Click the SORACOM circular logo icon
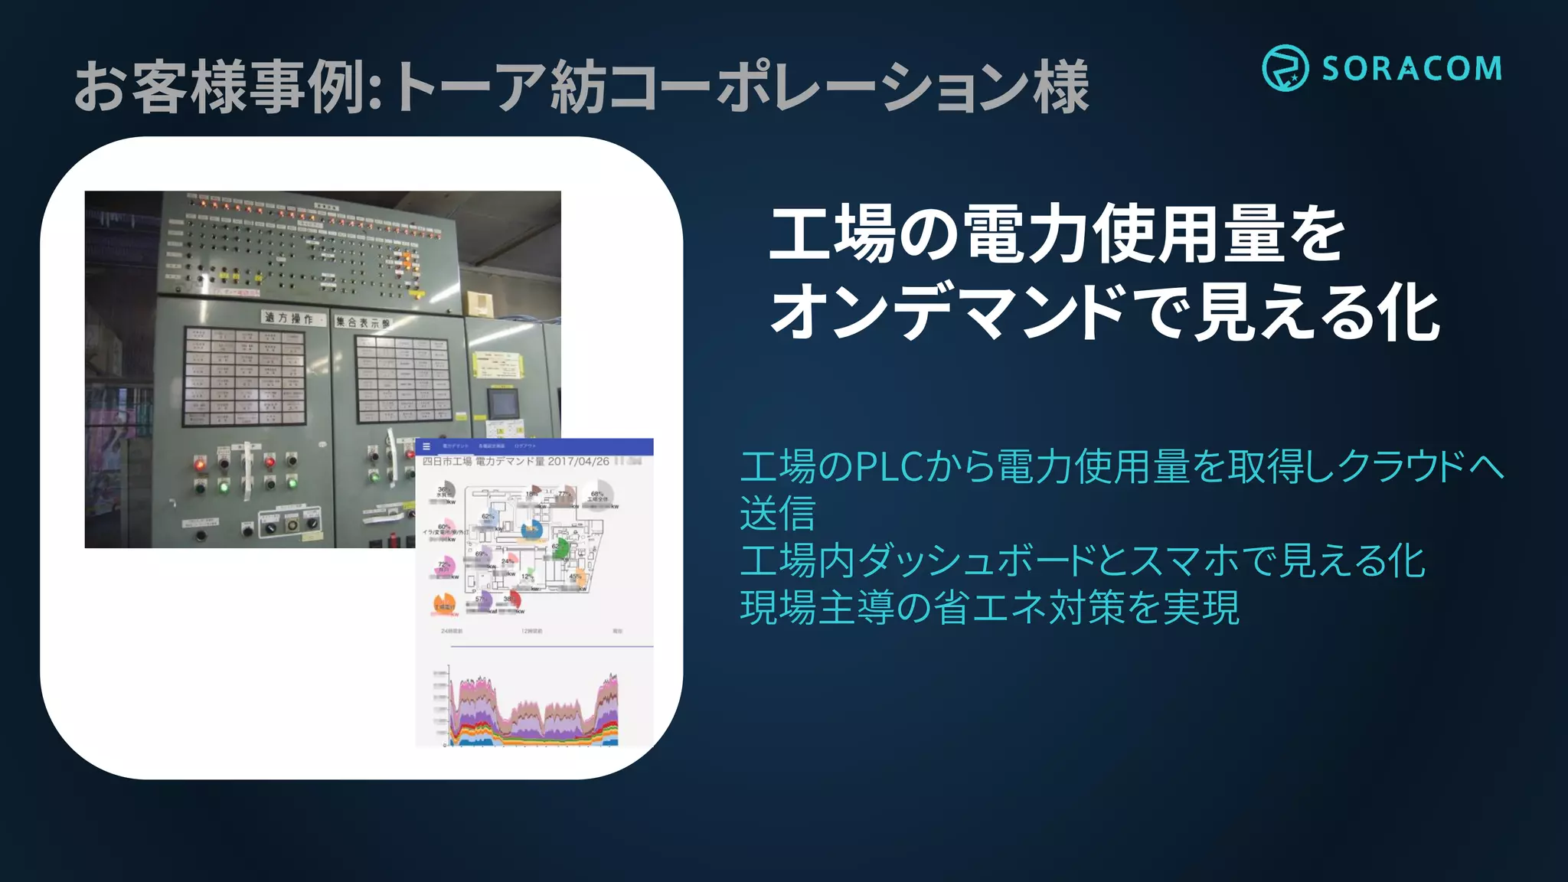coord(1285,68)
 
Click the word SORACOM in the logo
coord(1412,69)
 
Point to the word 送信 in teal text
coord(777,513)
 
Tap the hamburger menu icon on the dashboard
coord(426,446)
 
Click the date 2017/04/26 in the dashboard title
coord(578,462)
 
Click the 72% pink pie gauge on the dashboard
coord(444,567)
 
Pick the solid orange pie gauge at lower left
coord(444,604)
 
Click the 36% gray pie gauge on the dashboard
coord(446,491)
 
